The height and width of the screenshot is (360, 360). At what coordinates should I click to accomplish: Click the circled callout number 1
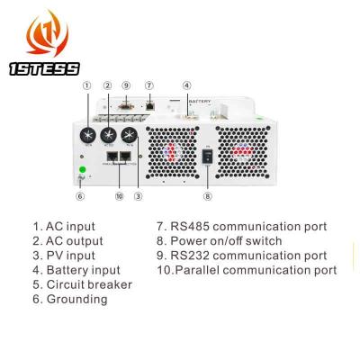(x=87, y=86)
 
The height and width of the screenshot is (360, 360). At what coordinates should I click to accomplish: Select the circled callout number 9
(x=126, y=86)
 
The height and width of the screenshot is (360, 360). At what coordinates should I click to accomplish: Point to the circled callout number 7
(x=149, y=86)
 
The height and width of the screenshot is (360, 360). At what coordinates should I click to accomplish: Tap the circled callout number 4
(x=186, y=86)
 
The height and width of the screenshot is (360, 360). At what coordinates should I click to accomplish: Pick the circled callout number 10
(x=120, y=195)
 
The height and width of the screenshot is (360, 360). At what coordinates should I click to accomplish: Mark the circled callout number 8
(x=208, y=196)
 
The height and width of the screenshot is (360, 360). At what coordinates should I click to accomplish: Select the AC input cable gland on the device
(x=90, y=134)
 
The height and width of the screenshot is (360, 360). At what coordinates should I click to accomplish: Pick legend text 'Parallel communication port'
(x=246, y=270)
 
